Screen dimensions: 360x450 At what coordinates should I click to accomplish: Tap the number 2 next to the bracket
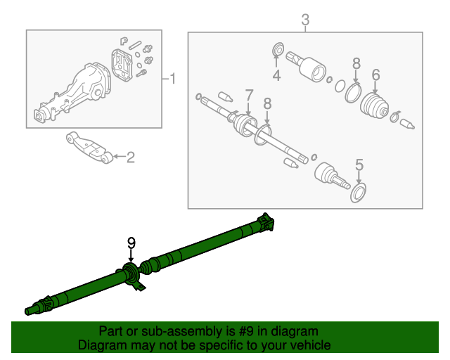(130, 157)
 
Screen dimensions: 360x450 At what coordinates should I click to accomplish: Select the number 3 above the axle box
(305, 20)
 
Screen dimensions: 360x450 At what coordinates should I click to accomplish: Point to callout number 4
(276, 75)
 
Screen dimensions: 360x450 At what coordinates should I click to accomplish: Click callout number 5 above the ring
(359, 165)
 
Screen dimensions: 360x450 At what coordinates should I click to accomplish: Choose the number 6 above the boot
(375, 75)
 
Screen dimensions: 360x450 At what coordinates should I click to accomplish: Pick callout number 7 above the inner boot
(248, 94)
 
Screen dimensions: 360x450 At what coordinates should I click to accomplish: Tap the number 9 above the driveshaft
(131, 243)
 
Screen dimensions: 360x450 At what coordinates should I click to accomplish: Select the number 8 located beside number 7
(266, 103)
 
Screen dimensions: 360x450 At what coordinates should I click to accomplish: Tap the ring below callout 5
(359, 193)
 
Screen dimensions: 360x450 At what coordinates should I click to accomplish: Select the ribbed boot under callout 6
(375, 108)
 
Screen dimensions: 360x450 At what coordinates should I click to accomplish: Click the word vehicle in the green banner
(305, 345)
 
